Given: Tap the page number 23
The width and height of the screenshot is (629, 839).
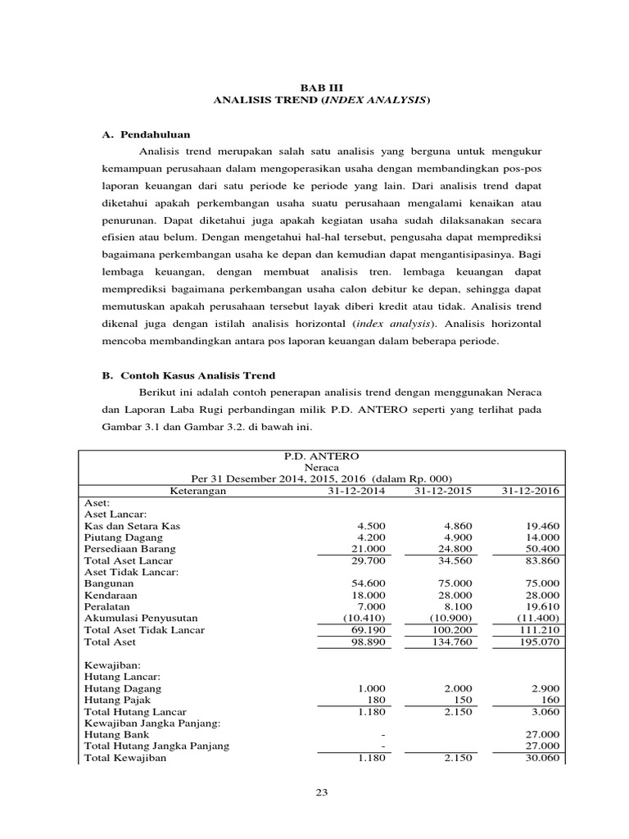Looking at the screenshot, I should pos(320,791).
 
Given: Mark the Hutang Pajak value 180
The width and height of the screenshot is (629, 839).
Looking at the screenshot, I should pos(373,700).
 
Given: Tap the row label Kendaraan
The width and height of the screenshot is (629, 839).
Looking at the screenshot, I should pos(111,594).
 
